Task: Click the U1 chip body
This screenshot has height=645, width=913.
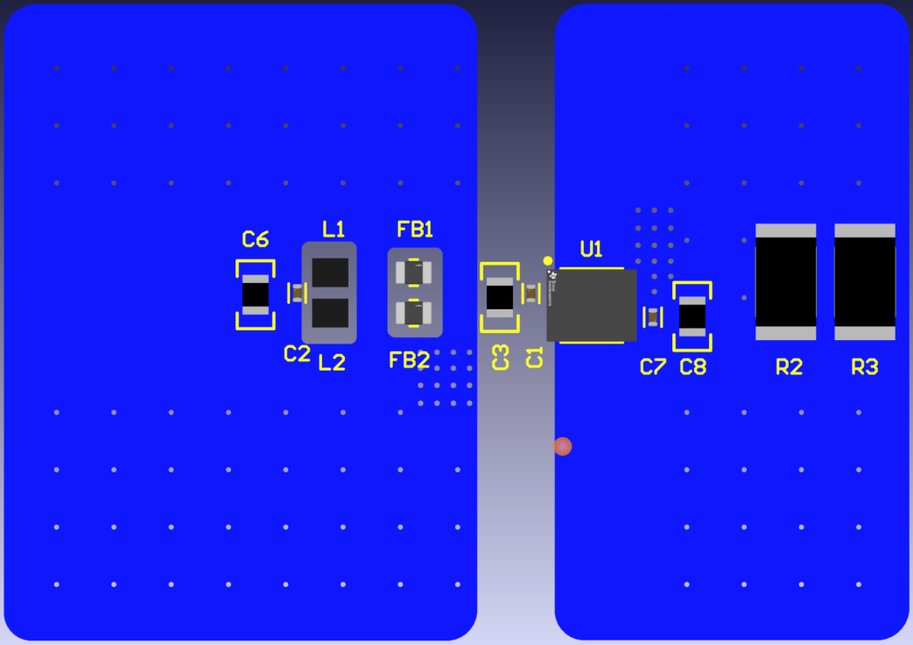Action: pos(592,305)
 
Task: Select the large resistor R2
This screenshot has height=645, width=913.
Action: pos(786,281)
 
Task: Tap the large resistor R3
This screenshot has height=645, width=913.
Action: pos(865,281)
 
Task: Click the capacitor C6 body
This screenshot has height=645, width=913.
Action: pos(256,294)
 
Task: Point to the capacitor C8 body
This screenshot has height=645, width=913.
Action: pos(692,316)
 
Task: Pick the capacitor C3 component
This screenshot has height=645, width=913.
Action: pos(500,297)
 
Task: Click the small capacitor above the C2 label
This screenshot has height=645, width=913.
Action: pos(298,293)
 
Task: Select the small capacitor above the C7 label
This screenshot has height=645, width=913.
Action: pos(653,316)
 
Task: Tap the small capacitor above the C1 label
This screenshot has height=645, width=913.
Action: pos(531,294)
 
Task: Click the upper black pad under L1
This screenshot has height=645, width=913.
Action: pos(330,273)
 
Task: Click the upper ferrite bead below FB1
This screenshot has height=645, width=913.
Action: pos(415,273)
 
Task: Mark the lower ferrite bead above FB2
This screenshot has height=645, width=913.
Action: pos(415,312)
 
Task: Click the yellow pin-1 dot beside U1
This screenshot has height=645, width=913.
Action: pos(548,260)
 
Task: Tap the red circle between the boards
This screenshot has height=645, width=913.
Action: pos(563,446)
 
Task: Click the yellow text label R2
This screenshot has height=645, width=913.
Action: pos(789,367)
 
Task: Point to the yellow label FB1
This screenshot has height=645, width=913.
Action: pos(415,230)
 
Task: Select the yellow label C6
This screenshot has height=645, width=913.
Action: pos(256,239)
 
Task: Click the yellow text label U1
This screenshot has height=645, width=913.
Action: pos(592,249)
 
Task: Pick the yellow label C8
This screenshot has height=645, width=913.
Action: pos(692,367)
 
